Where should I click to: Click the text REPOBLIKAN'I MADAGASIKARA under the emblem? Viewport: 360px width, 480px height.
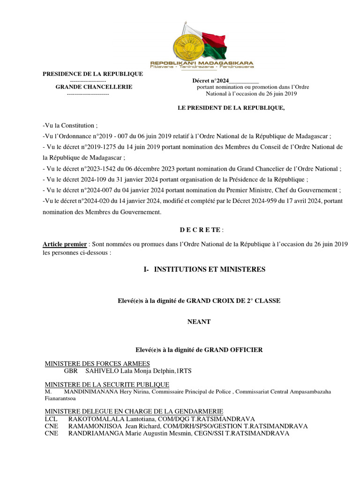click(202, 62)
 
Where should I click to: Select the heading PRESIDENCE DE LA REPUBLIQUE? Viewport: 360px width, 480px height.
click(93, 74)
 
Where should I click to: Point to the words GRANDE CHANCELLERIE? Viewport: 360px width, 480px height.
click(94, 87)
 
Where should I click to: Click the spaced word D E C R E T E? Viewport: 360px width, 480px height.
click(201, 230)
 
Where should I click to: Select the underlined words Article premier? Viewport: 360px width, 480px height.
click(65, 244)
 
